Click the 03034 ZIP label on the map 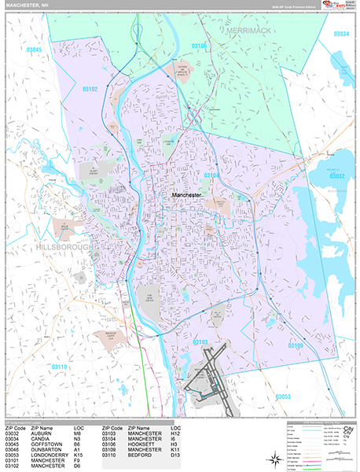pyautogui.click(x=341, y=34)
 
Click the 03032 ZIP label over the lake pyautogui.click(x=337, y=176)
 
